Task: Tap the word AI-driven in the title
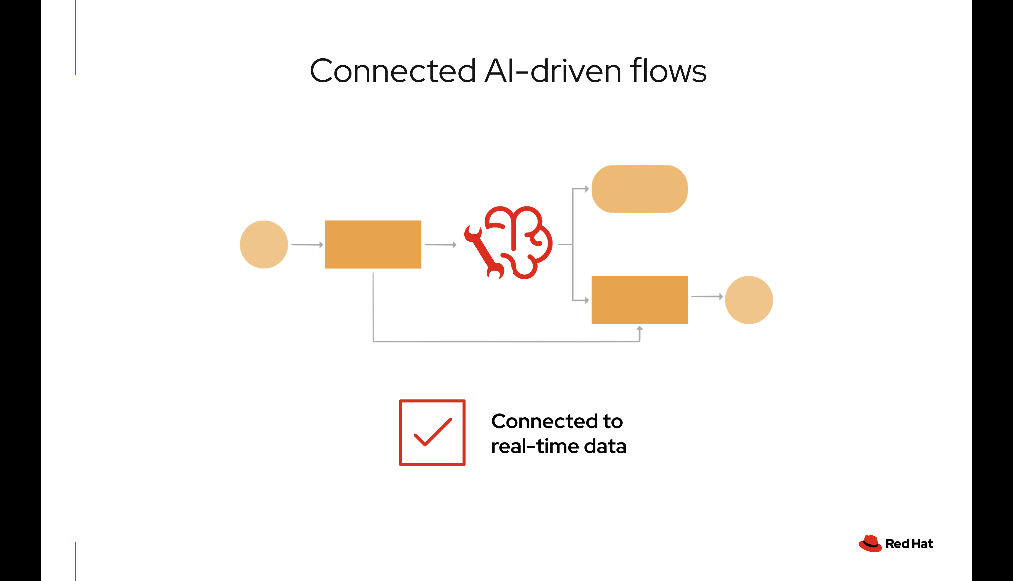pos(553,71)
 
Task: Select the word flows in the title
pos(668,71)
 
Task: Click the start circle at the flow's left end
pos(264,244)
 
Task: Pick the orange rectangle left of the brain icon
pos(373,244)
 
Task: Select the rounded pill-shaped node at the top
pos(639,189)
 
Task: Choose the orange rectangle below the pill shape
pos(639,300)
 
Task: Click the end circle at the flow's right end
pos(749,300)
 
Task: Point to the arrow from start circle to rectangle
pos(307,244)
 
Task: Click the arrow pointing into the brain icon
pos(440,244)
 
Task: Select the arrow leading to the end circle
pos(707,296)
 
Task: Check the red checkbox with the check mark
pos(432,433)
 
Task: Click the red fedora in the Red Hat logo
pos(870,544)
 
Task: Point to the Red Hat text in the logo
pos(909,544)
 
